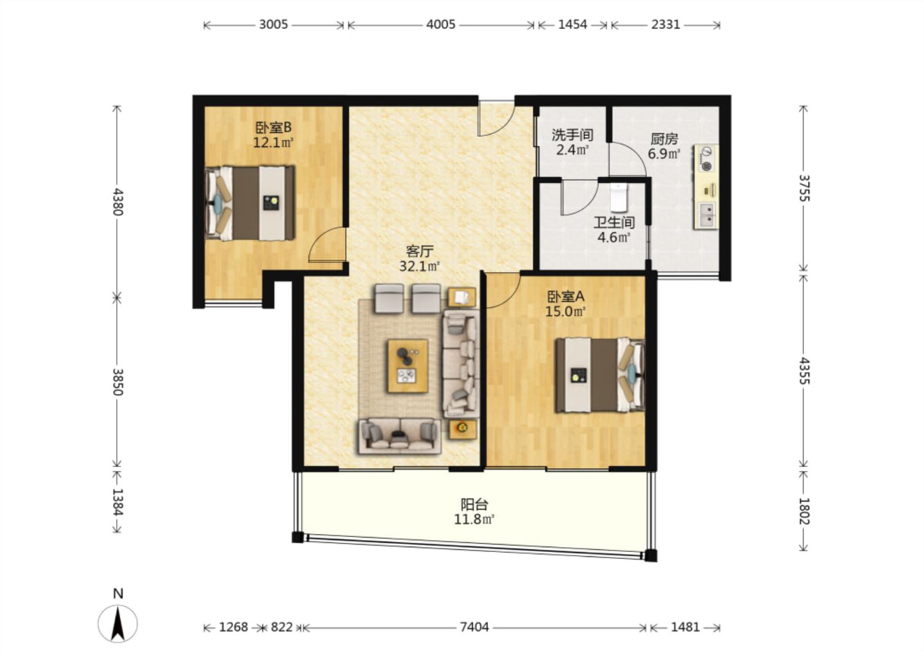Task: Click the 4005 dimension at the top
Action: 441,25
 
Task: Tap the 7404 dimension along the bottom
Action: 474,627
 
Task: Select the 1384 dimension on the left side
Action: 118,502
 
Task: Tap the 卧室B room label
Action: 273,128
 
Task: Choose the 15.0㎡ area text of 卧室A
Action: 565,311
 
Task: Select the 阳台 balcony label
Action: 474,504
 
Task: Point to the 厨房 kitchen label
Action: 664,139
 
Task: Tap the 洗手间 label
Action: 572,135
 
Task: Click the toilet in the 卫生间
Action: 619,198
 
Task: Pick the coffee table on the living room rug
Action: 407,366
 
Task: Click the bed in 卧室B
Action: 250,203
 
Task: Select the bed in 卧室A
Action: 600,375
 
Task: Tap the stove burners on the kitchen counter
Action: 707,158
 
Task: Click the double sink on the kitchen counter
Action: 708,216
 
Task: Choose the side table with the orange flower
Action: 463,429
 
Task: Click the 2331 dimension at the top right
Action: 666,25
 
